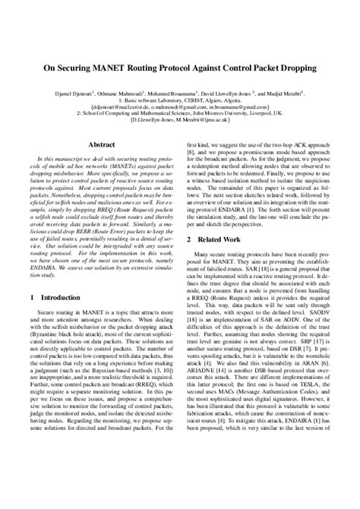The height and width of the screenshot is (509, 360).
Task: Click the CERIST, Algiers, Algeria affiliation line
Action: [179, 99]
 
